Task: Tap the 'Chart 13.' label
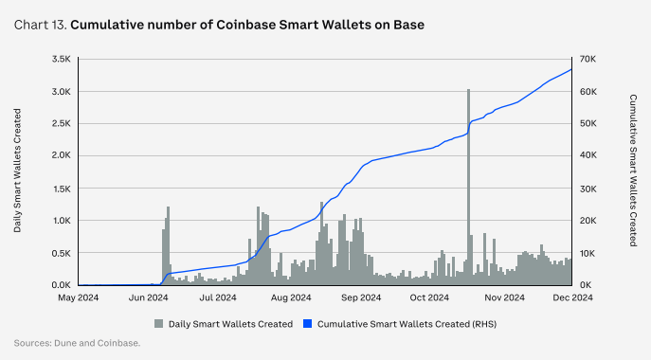click(39, 24)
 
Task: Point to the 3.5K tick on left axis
click(61, 59)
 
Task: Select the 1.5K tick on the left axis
click(62, 189)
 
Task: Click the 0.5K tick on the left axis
click(61, 253)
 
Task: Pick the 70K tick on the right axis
click(588, 59)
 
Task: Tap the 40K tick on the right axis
click(588, 156)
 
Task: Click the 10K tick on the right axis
click(588, 253)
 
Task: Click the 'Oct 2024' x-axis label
click(430, 297)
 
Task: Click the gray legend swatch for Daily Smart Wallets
click(159, 323)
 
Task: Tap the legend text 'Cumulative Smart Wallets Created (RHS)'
click(407, 323)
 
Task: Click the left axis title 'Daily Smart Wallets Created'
click(17, 171)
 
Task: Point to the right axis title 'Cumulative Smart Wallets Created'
click(632, 171)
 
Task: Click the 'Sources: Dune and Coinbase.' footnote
click(78, 342)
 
